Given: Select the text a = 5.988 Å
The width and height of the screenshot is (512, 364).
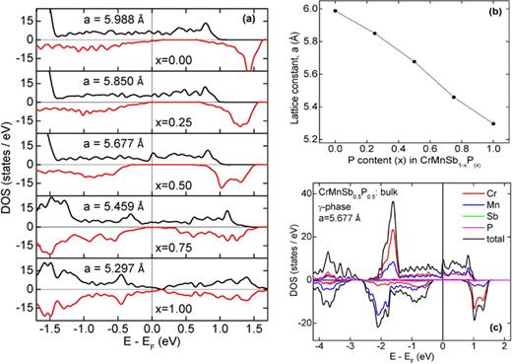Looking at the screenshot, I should click(x=111, y=18).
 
